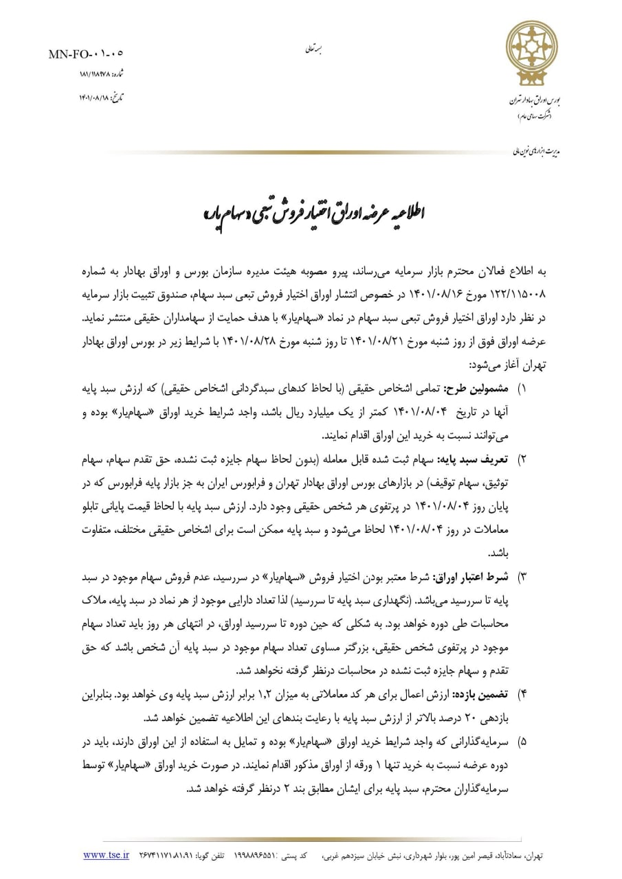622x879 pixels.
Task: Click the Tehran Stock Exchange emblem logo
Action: pyautogui.click(x=532, y=52)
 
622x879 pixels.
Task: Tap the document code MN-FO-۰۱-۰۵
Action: pyautogui.click(x=85, y=53)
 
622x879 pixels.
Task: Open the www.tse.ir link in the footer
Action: pyautogui.click(x=107, y=855)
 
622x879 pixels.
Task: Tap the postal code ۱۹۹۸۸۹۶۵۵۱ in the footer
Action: pyautogui.click(x=258, y=856)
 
